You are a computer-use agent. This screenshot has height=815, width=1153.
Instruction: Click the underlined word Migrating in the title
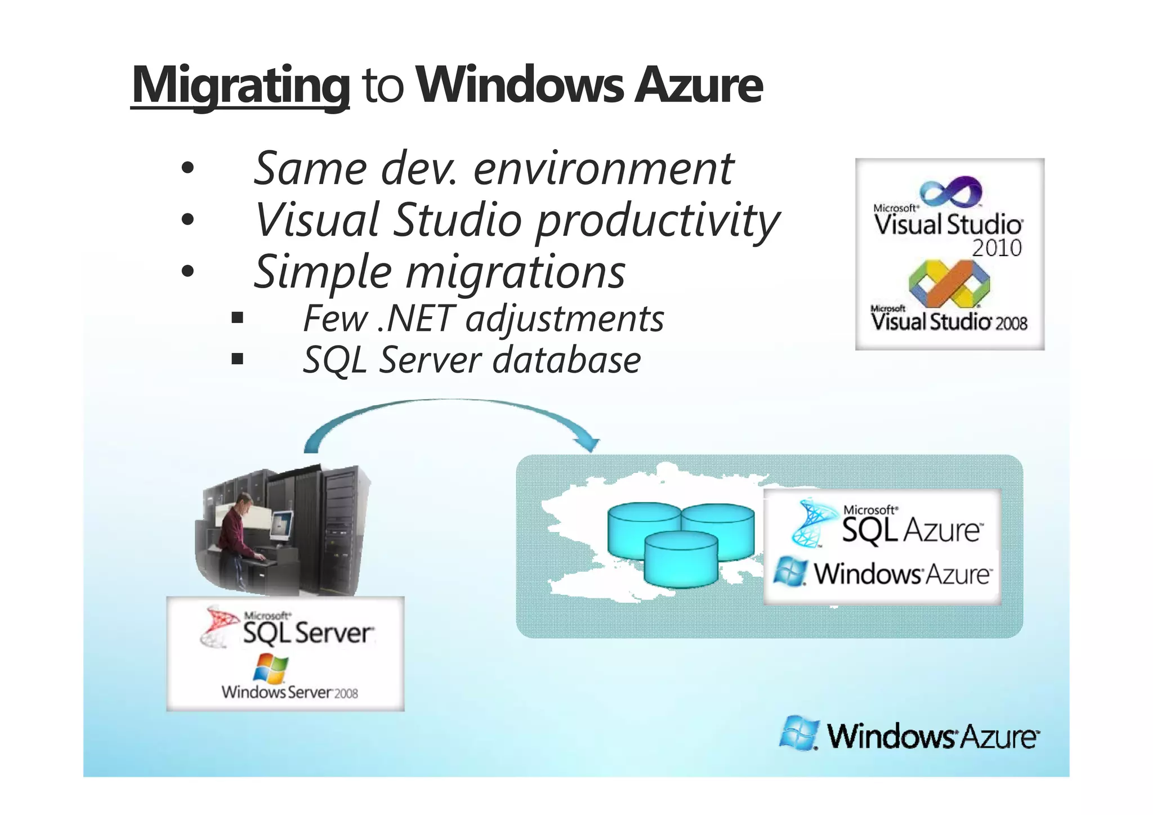click(x=240, y=86)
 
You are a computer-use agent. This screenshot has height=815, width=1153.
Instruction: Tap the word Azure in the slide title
click(x=699, y=86)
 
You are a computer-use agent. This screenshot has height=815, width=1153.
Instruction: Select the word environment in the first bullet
click(x=604, y=169)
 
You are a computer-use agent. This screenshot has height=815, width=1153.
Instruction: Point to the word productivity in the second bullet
click(x=658, y=221)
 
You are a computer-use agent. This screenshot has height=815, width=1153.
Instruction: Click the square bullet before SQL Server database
click(x=237, y=359)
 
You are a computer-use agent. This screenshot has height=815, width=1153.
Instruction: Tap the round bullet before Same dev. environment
click(x=187, y=167)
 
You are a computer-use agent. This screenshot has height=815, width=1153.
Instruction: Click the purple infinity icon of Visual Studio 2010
click(x=951, y=191)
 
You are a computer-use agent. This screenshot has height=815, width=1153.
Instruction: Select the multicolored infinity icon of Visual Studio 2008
click(x=950, y=285)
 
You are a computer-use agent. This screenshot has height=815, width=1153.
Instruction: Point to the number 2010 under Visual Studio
click(x=996, y=248)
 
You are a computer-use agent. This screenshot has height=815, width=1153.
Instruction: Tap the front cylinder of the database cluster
click(x=681, y=560)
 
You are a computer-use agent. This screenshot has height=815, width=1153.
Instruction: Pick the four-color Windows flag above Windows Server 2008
click(x=271, y=668)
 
